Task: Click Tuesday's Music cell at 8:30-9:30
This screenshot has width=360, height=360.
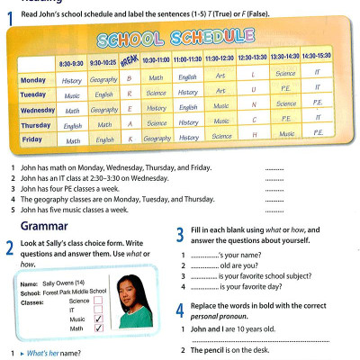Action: click(x=72, y=94)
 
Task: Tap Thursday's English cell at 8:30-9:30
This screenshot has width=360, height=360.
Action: click(x=73, y=124)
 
